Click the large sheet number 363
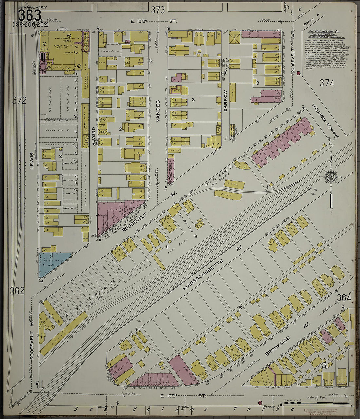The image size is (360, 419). (29, 15)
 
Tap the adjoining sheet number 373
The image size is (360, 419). (158, 10)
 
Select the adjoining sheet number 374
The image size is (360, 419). (327, 83)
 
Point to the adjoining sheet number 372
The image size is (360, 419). (19, 100)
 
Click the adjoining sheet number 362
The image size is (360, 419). (17, 290)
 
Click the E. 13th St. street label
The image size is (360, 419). (153, 21)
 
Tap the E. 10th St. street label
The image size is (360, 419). (183, 396)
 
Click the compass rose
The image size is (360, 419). (331, 177)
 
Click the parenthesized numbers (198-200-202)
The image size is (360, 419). (30, 25)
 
